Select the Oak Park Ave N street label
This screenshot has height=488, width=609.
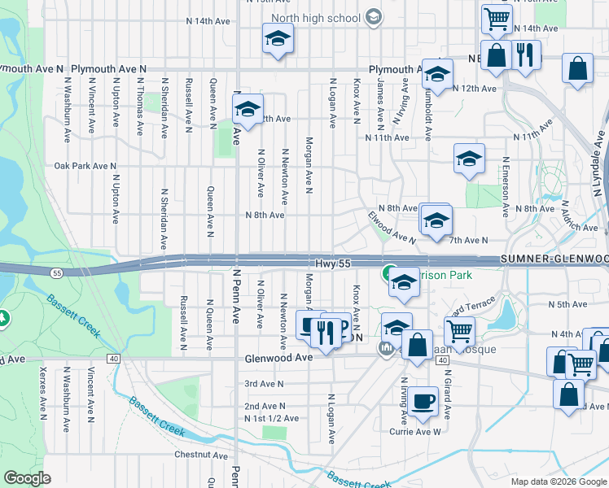[85, 166]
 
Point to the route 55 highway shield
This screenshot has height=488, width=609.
[55, 272]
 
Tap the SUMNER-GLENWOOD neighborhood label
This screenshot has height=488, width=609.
[554, 259]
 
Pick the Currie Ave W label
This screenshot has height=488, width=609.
[417, 431]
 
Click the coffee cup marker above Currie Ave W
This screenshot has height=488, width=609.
[423, 402]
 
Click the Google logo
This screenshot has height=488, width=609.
[27, 478]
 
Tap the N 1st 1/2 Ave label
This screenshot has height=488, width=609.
[272, 418]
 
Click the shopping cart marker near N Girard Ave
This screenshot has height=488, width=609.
[460, 332]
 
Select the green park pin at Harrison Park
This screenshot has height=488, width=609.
[389, 273]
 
